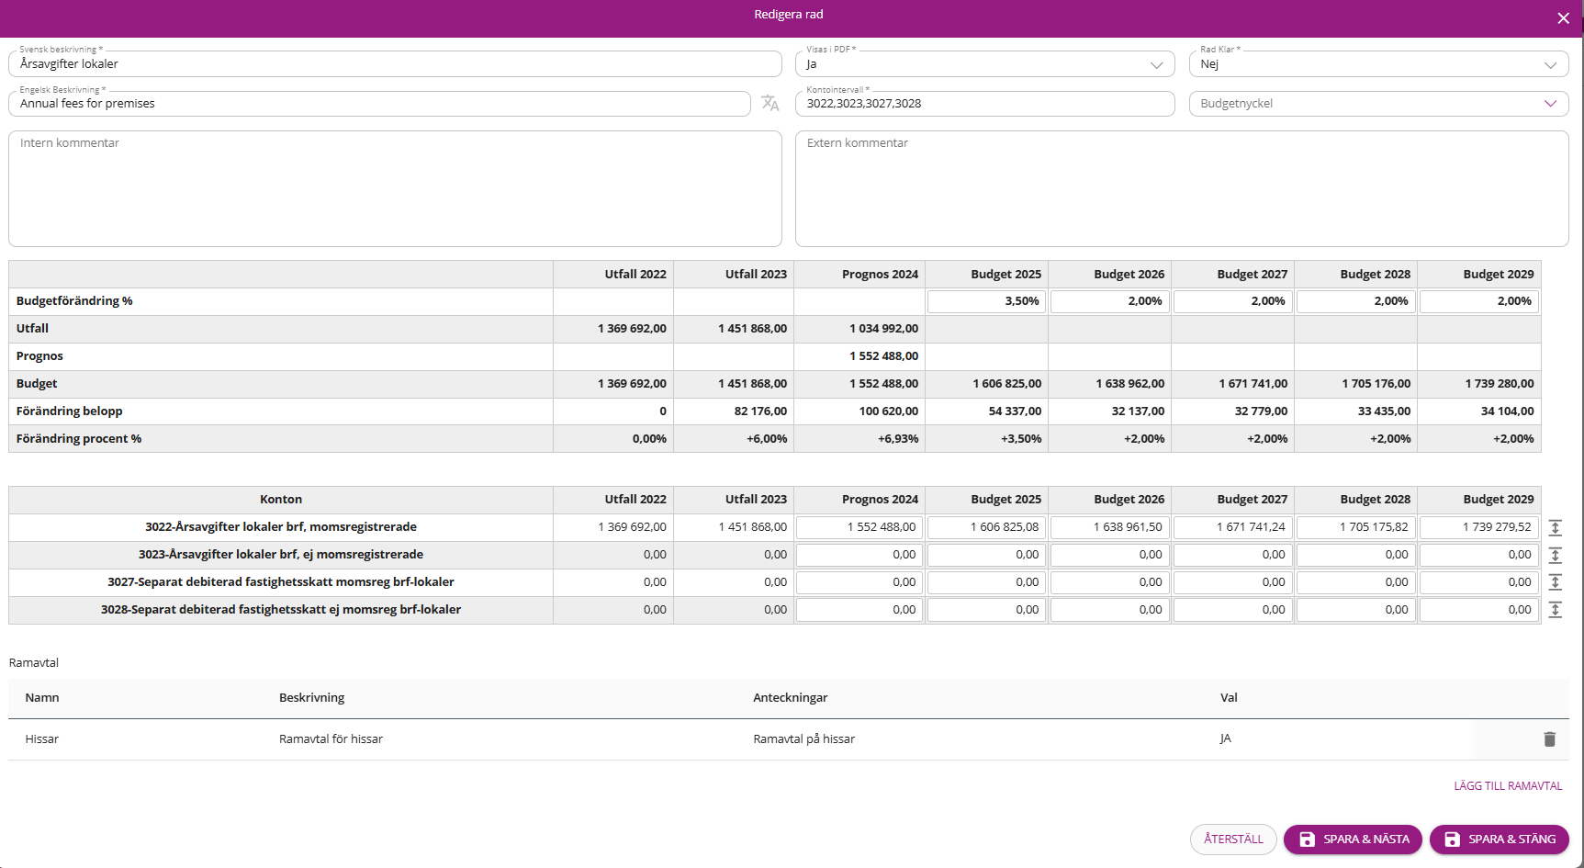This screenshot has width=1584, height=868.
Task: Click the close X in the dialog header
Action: coord(1563,18)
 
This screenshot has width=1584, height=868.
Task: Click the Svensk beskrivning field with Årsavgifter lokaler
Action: coord(395,64)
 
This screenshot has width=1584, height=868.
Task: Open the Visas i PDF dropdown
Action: coord(984,64)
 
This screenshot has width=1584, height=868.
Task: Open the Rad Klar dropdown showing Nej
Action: coord(1378,64)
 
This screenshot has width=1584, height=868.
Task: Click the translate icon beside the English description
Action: coord(770,104)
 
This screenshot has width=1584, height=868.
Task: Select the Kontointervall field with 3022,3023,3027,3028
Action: coord(984,104)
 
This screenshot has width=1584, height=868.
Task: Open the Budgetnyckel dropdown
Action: coord(1378,104)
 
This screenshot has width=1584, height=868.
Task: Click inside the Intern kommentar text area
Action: coord(395,188)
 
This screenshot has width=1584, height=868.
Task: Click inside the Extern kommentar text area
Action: coord(1182,188)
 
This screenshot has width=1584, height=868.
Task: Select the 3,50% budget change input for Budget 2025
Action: coord(986,301)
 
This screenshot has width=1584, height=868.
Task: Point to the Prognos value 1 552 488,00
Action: coord(883,356)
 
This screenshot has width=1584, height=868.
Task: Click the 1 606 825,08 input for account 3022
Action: coord(986,527)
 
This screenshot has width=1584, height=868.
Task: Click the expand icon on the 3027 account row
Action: coord(1555,582)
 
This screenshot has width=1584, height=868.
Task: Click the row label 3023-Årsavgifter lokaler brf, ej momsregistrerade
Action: coord(281,555)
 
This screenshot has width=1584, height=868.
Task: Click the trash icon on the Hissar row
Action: coord(1549,739)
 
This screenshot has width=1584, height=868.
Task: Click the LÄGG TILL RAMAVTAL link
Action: coord(1508,786)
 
